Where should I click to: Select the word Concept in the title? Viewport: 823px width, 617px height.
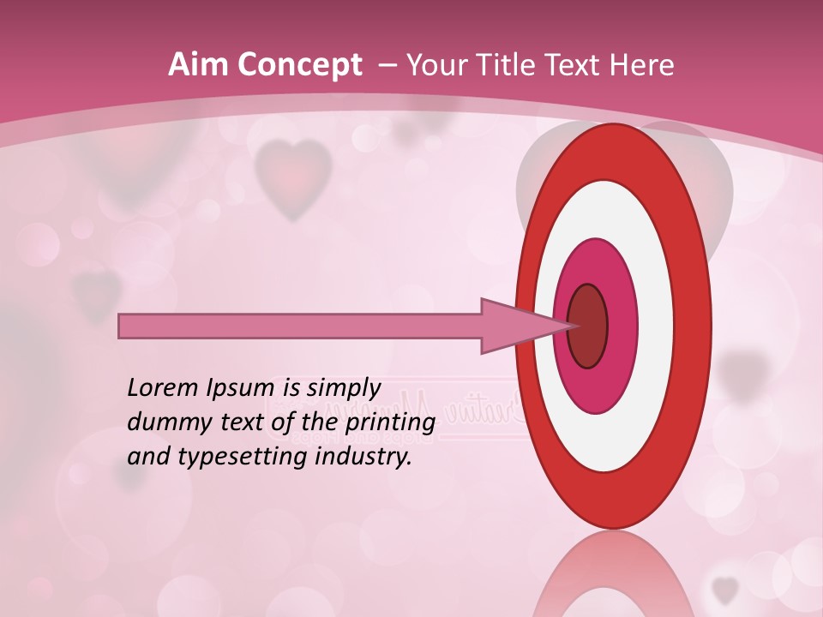299,66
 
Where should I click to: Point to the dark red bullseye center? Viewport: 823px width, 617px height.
588,326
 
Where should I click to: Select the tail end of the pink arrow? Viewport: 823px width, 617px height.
123,326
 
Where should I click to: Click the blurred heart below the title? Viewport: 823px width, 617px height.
293,176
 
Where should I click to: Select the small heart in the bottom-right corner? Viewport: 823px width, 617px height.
725,589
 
